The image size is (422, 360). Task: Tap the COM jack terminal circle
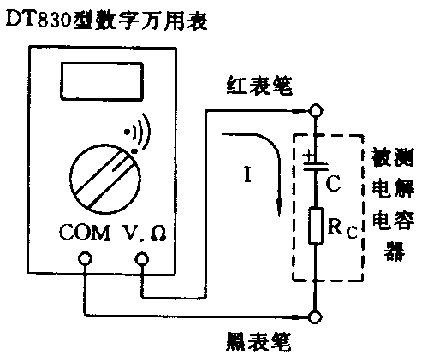pos(86,266)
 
